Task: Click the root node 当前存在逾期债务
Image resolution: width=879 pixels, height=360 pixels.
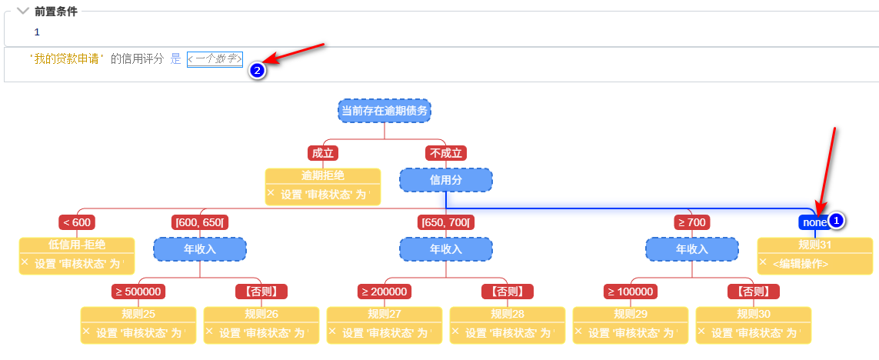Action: pos(385,110)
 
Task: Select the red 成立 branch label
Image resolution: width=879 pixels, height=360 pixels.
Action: pos(323,153)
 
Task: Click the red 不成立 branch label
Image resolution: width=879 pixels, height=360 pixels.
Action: pos(446,153)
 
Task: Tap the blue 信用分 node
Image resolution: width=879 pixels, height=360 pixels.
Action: pos(446,180)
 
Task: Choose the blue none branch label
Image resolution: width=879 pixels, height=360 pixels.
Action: pos(813,222)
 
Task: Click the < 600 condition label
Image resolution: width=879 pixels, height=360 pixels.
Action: pos(77,222)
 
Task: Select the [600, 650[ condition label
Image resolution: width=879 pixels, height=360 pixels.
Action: pos(200,222)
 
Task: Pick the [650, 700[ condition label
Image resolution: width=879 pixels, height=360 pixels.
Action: pos(446,222)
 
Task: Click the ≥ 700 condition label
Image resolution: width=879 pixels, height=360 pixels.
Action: pos(692,222)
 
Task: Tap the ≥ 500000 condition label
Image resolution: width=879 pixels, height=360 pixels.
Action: pos(138,292)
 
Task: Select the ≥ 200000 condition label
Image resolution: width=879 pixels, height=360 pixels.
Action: pos(385,292)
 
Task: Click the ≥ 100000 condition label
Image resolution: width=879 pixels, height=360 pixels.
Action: pos(631,292)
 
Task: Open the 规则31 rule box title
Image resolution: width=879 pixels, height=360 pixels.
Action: pos(815,245)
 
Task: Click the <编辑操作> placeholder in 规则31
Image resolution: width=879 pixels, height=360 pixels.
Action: pos(801,263)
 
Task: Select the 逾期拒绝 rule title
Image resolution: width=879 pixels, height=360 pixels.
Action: pos(323,175)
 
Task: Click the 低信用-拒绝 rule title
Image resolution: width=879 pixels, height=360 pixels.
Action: pos(77,245)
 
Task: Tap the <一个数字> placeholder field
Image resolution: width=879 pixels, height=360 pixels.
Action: pos(215,59)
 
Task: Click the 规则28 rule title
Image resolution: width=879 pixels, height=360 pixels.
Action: pos(508,314)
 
